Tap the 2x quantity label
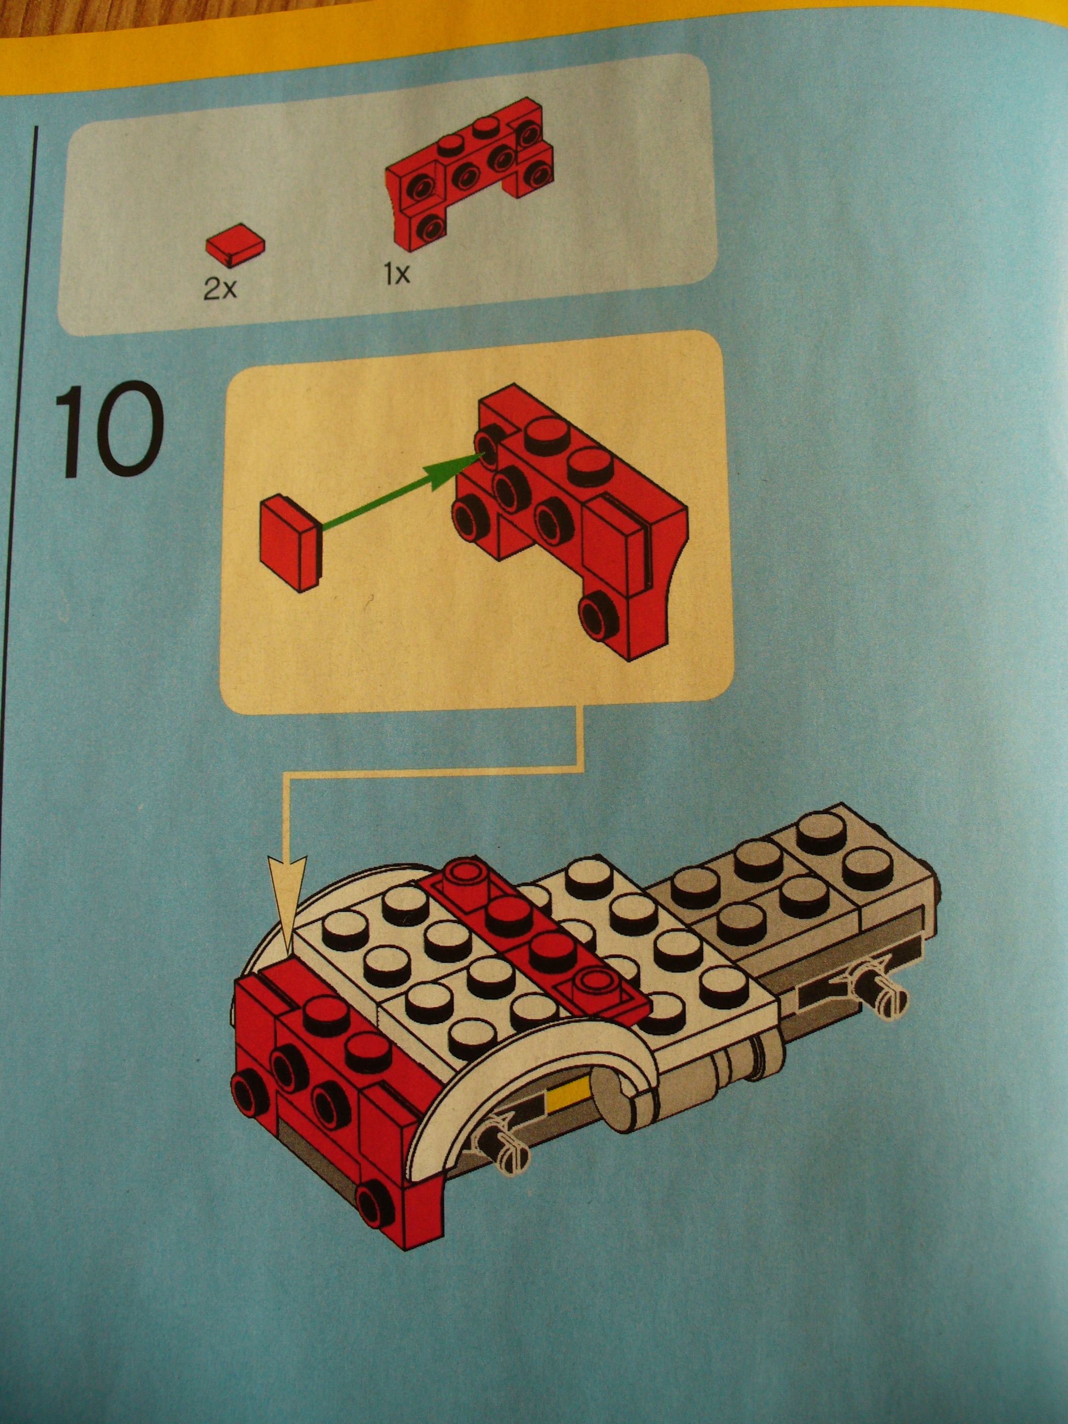(220, 290)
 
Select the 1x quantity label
(397, 276)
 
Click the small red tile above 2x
(236, 244)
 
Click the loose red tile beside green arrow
(290, 542)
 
